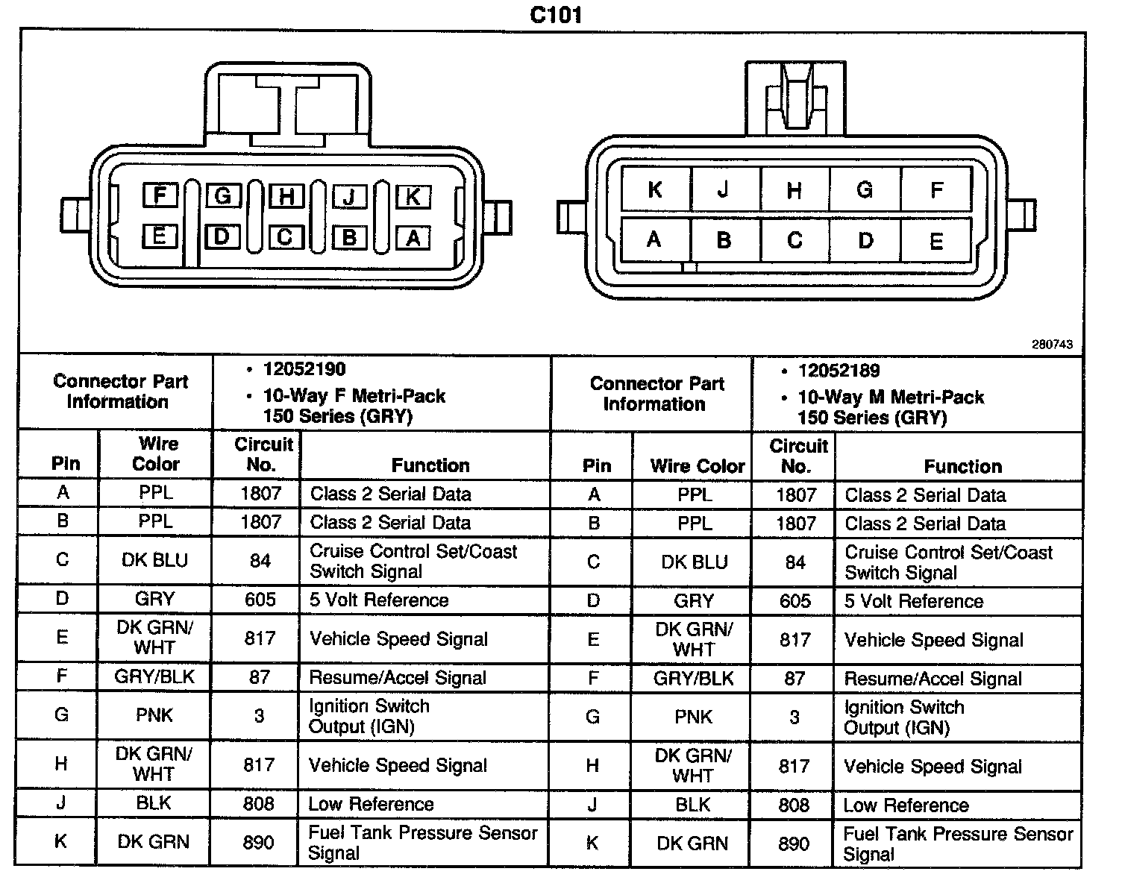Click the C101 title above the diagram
pos(556,15)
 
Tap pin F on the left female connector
pos(159,196)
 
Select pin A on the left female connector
pos(413,238)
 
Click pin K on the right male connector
pos(655,190)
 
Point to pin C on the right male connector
pos(795,240)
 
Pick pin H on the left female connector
pos(286,197)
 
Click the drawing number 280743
pos(1052,345)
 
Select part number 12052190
pos(304,369)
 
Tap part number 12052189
pos(839,371)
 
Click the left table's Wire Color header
pos(156,453)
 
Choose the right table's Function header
pos(962,467)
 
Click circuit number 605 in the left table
pos(260,600)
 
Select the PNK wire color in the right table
pos(693,717)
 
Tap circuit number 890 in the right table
pos(794,844)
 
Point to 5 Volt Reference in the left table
pos(379,600)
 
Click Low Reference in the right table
pos(906,805)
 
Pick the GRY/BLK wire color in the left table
pos(154,676)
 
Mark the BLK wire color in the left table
pos(154,803)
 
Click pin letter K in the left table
pos(61,842)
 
